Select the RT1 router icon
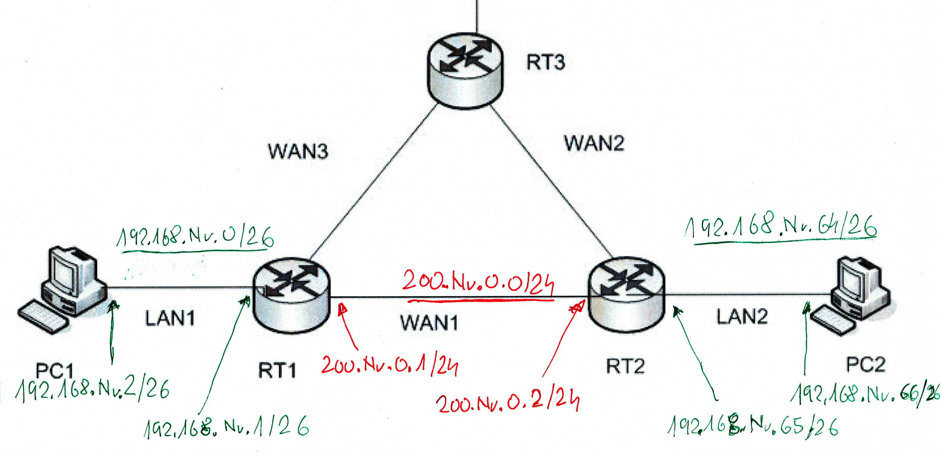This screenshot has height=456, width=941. tap(291, 295)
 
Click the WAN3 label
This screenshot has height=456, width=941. tap(298, 151)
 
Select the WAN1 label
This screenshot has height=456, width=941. tap(429, 323)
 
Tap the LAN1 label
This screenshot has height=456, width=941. tap(170, 318)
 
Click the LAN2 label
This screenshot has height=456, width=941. tap(741, 316)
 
